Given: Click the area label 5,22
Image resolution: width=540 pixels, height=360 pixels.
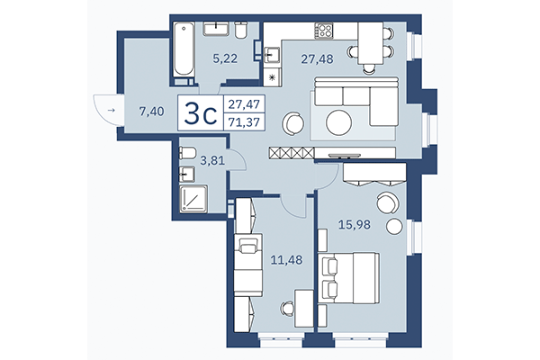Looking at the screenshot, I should pos(224,59).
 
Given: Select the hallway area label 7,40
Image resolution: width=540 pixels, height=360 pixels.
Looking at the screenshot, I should pos(150,112).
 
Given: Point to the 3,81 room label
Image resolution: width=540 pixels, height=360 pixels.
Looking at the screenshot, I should pos(212,163).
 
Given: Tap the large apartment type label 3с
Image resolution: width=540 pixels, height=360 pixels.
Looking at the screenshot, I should pos(199,114).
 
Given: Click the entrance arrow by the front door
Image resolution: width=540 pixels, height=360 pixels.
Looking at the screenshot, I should pos(110,111).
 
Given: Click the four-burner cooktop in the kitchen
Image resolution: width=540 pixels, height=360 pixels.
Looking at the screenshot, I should pos(323,32).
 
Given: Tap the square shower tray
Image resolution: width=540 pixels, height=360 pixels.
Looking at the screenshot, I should pos(193,198).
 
